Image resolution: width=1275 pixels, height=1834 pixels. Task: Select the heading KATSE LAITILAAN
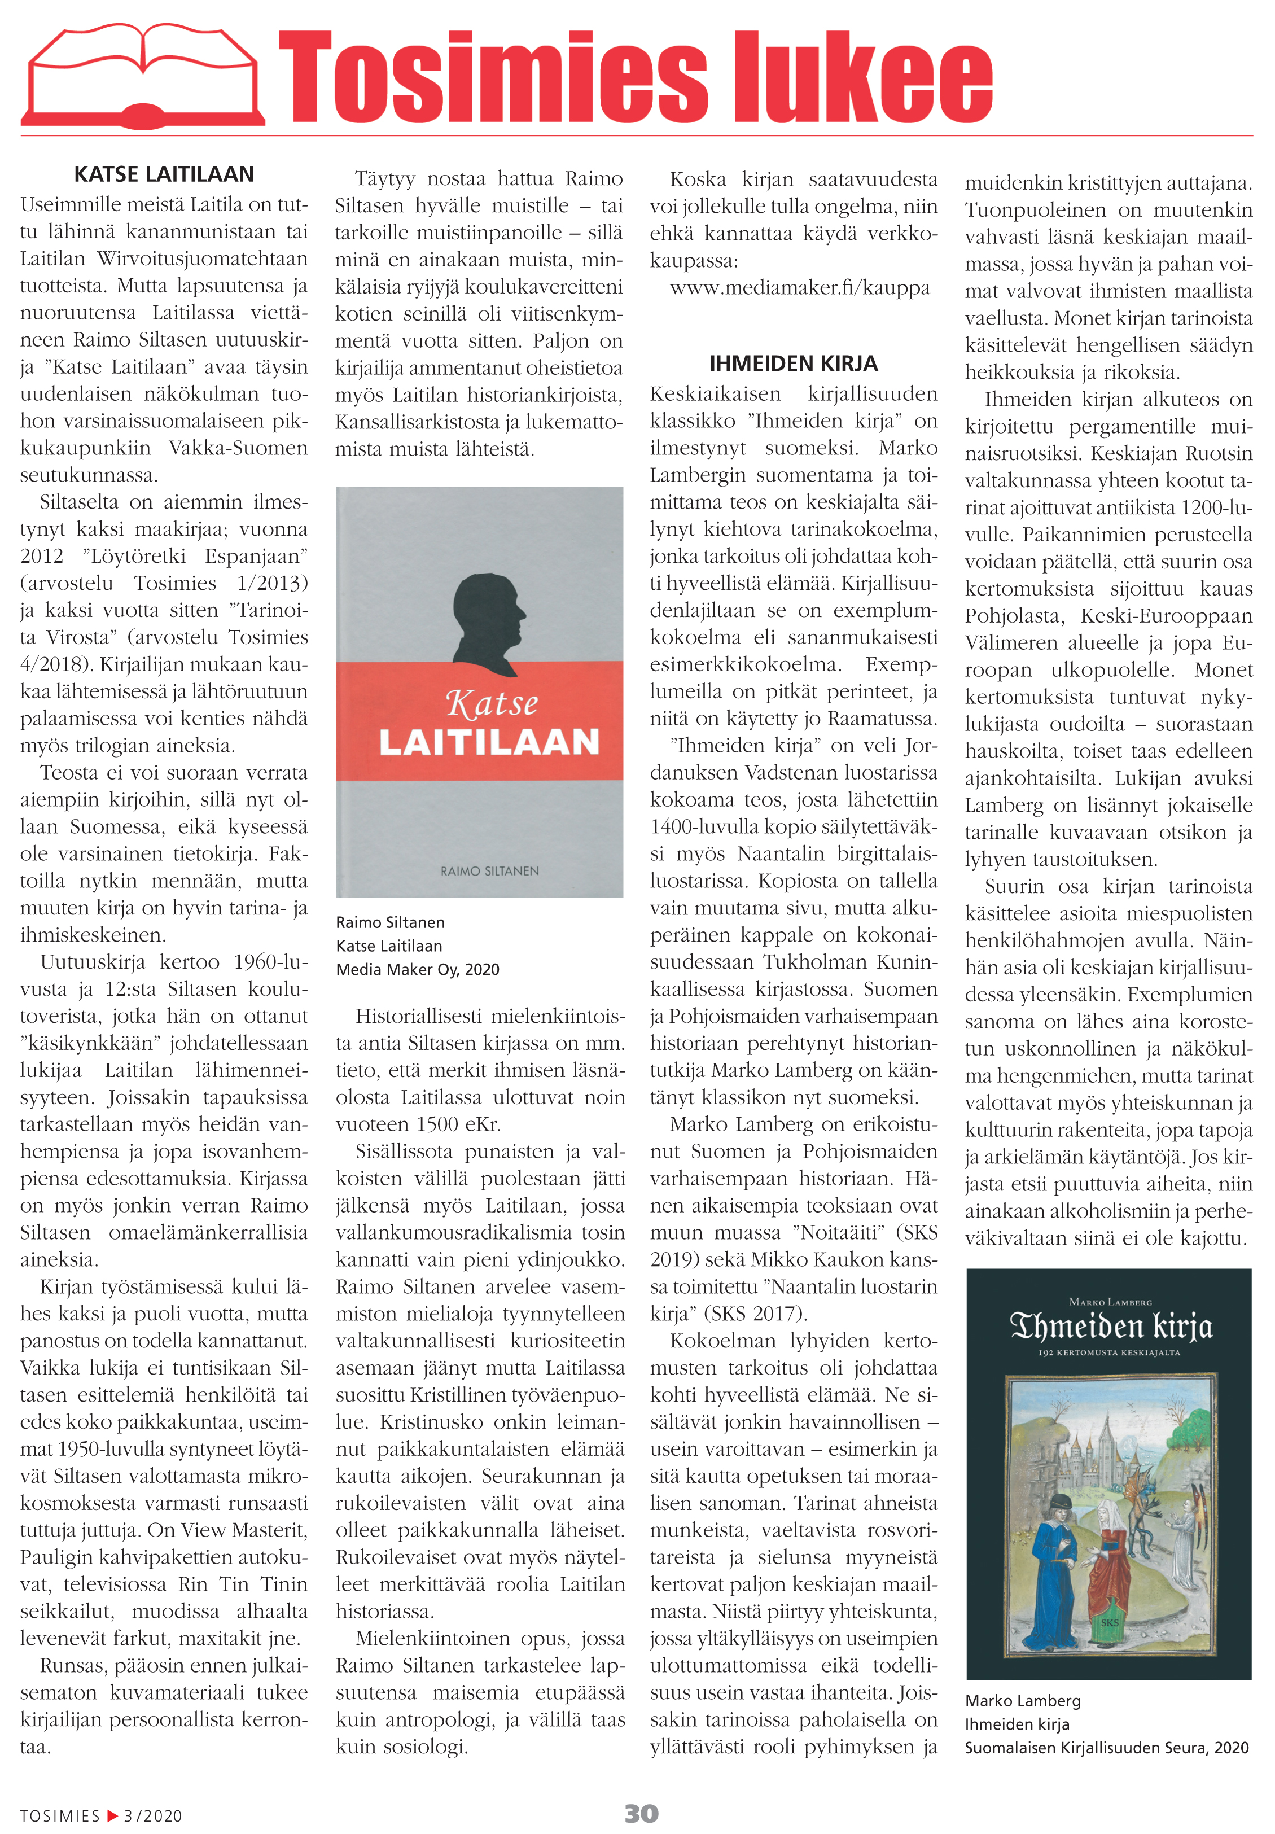pos(164,174)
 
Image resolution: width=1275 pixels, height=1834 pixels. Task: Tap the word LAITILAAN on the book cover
pos(489,742)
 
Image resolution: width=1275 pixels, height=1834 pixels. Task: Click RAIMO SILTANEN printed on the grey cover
pos(489,870)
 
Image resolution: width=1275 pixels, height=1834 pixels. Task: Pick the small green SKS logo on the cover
pos(1110,1622)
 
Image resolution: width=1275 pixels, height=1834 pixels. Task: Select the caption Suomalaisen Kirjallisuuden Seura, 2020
pos(1106,1748)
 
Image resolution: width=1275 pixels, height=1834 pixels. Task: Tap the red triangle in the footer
pos(112,1815)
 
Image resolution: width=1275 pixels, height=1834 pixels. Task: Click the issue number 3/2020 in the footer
pos(152,1815)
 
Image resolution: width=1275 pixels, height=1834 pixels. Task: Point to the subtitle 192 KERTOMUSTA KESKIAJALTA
pos(1109,1353)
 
